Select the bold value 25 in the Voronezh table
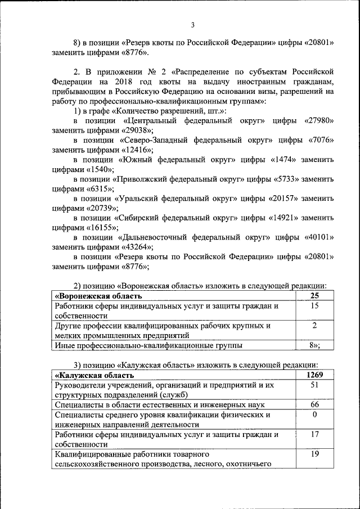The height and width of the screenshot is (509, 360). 315,296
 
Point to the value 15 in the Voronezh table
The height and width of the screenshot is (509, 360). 315,306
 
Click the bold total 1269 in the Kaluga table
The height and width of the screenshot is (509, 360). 315,375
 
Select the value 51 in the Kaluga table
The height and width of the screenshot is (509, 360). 315,385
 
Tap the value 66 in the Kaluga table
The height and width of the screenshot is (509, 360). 315,404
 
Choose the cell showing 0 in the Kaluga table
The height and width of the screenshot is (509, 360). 315,415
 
